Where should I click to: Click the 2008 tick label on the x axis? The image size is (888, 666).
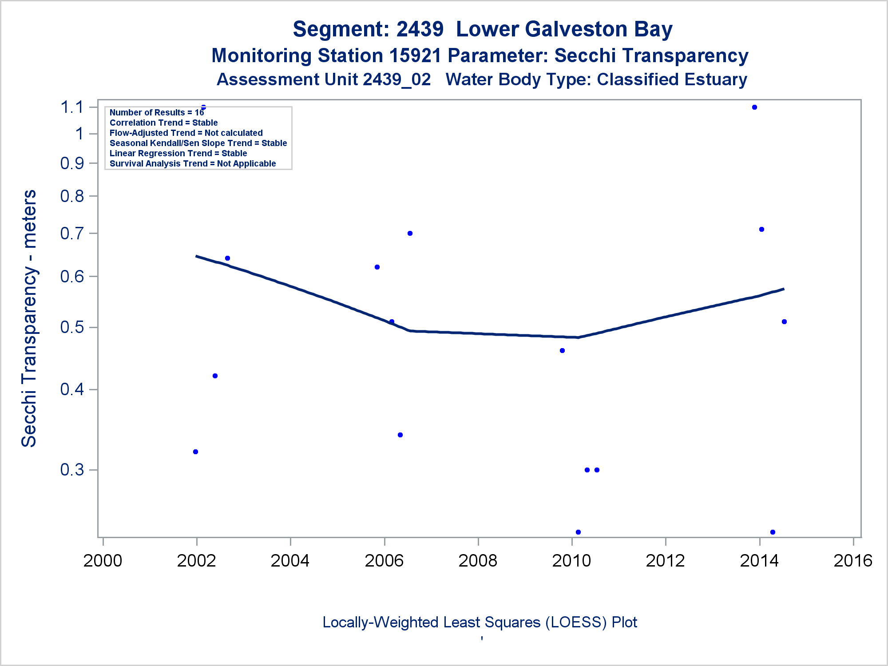(478, 561)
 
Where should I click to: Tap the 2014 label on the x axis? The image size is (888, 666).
(759, 561)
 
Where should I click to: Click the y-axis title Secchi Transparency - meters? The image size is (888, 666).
(29, 318)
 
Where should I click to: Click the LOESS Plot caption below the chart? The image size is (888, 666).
(480, 622)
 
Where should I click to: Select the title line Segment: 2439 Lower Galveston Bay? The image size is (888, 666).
(483, 29)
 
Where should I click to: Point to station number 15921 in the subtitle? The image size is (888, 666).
(415, 56)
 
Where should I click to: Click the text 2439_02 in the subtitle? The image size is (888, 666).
(396, 80)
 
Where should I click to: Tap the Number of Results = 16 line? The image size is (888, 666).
(157, 113)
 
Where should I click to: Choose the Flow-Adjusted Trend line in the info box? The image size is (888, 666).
(186, 133)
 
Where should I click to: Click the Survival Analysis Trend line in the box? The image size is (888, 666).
(193, 164)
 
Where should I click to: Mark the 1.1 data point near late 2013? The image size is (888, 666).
(754, 107)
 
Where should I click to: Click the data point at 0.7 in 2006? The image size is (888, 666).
(410, 234)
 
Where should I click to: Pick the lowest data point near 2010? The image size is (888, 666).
(578, 532)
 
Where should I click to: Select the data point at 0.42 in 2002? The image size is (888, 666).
(215, 376)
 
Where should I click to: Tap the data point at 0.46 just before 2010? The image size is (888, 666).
(562, 351)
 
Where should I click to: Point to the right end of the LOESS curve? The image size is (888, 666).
(784, 289)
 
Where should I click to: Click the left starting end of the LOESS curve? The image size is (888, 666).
(196, 256)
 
